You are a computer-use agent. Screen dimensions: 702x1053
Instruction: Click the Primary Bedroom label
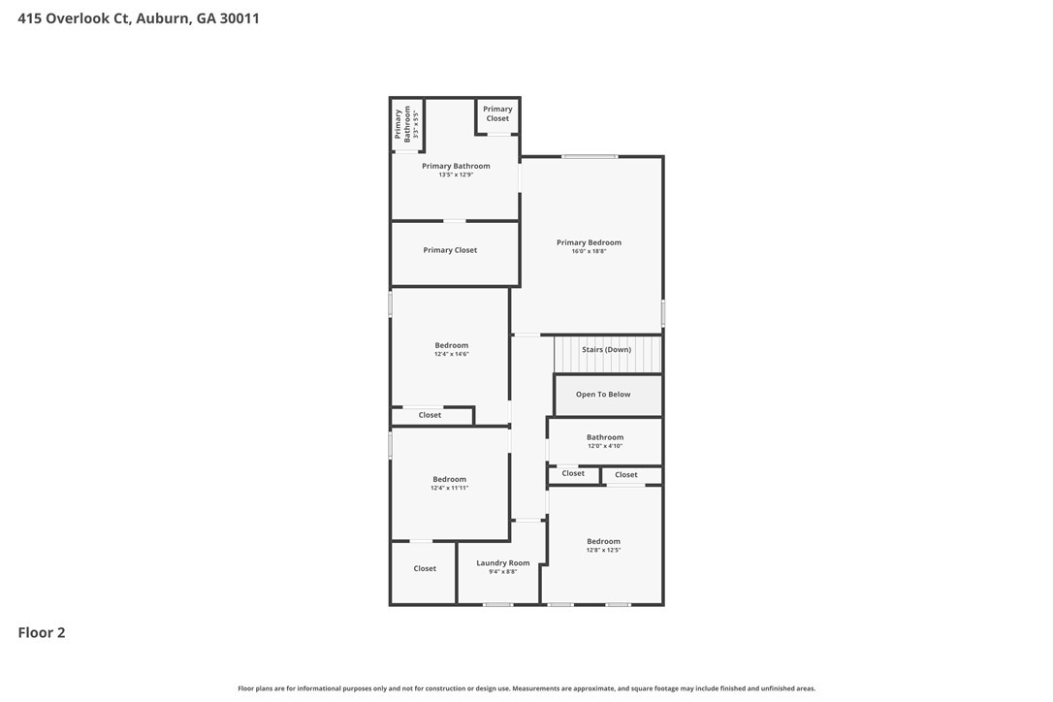(589, 242)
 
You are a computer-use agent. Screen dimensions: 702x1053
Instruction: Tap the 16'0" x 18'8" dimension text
(589, 251)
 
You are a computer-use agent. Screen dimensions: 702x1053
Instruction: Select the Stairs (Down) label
(606, 349)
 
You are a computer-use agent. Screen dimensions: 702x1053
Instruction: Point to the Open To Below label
(603, 395)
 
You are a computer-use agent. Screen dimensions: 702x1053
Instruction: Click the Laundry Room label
(503, 563)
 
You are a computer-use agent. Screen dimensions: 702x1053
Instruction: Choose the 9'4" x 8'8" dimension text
(503, 572)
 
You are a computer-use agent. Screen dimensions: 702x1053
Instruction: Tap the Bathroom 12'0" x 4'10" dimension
(605, 446)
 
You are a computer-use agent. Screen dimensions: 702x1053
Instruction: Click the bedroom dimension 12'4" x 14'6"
(452, 354)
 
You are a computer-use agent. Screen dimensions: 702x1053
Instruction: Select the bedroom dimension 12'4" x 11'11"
(450, 488)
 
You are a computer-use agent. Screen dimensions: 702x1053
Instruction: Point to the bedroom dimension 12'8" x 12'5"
(603, 550)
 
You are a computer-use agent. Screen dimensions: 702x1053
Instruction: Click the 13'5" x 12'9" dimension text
(456, 175)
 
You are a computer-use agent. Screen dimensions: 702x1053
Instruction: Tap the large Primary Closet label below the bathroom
(450, 250)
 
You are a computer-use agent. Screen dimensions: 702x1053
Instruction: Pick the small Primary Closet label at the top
(497, 113)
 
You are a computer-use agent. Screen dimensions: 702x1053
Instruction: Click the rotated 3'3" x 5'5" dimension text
(415, 125)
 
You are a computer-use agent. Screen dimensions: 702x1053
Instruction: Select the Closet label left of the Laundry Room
(425, 569)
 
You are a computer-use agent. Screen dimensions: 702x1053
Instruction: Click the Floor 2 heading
(42, 633)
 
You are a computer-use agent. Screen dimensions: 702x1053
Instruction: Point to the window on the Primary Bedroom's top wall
(590, 156)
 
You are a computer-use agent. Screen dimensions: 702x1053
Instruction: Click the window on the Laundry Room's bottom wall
(497, 605)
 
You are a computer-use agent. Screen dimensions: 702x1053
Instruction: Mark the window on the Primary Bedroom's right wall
(663, 312)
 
